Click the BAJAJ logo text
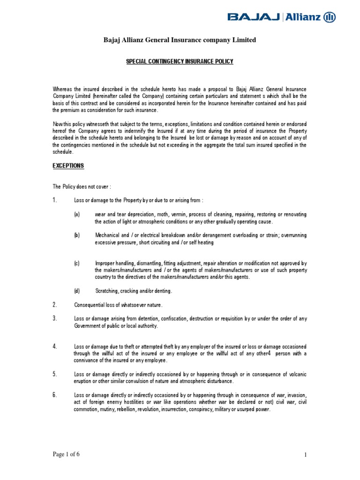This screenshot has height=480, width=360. coord(254,17)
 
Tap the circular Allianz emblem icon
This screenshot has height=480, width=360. coord(330,17)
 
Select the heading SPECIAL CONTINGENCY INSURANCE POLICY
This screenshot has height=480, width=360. coord(180,61)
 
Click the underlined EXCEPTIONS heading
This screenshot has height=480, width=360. coord(68,166)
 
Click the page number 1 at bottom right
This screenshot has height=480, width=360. coord(305,455)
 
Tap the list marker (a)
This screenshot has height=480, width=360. coord(77,215)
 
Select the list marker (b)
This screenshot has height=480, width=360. coord(77,235)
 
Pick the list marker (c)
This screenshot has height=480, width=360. coord(77,263)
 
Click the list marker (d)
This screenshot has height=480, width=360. coord(77,291)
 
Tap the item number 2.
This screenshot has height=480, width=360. coord(54,305)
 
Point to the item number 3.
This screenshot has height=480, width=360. coord(54,319)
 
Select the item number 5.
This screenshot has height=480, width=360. coord(54,374)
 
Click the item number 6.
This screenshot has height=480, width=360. coord(54,395)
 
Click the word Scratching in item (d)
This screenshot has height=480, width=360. coord(107,291)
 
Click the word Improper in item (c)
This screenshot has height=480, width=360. coord(105,263)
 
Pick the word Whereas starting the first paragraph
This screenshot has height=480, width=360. coord(62,89)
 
